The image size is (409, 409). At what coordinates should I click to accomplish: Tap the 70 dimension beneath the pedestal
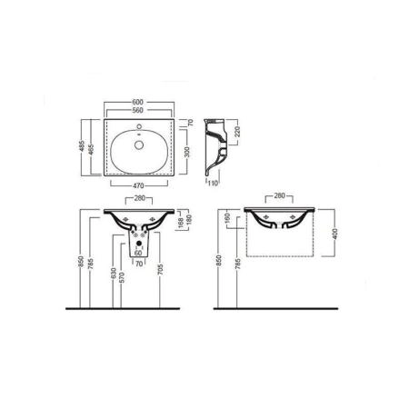pos(140,265)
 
